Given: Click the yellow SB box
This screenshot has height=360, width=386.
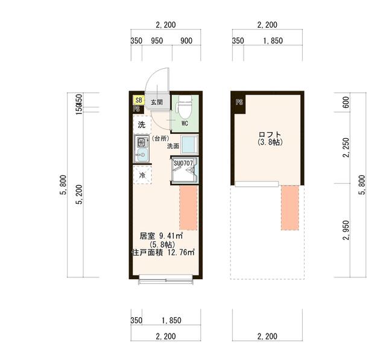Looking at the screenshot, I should pyautogui.click(x=139, y=101).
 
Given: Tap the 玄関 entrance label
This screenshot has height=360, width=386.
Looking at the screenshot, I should pyautogui.click(x=157, y=102).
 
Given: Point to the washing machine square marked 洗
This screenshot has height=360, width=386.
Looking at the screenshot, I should pyautogui.click(x=141, y=125).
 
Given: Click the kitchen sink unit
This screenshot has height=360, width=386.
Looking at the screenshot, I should pyautogui.click(x=141, y=148).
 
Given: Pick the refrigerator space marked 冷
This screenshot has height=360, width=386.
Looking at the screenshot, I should pyautogui.click(x=142, y=175).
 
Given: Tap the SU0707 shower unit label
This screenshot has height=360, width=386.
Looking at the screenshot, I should pyautogui.click(x=183, y=163).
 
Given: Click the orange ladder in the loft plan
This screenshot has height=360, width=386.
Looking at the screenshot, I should pyautogui.click(x=290, y=207).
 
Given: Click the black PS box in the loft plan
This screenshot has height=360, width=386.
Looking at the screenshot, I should pyautogui.click(x=239, y=102).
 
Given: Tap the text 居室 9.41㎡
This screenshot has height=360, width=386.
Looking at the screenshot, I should pyautogui.click(x=161, y=235).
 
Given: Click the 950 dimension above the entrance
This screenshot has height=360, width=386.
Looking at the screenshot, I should pyautogui.click(x=157, y=41).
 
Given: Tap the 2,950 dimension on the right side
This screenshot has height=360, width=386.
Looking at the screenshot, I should pyautogui.click(x=346, y=231).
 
